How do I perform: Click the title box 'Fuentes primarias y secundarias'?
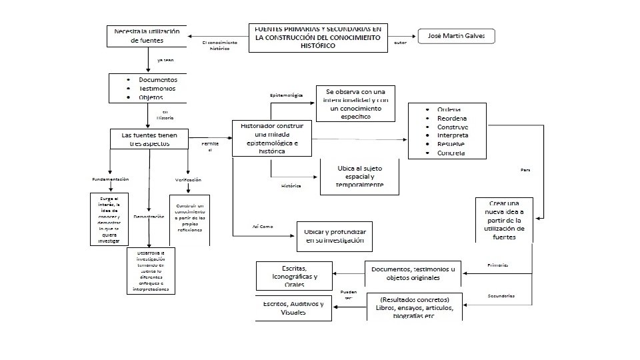[x=318, y=38]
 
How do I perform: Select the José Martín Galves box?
[x=456, y=36]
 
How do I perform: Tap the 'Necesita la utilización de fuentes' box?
[x=147, y=36]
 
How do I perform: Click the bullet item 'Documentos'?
[x=157, y=79]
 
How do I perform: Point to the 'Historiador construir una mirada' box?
[x=271, y=138]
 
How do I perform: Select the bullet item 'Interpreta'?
[x=453, y=135]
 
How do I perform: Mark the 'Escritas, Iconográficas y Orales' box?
[x=295, y=275]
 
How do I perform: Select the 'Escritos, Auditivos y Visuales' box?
[x=293, y=308]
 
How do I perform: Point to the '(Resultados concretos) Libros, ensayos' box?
[x=414, y=307]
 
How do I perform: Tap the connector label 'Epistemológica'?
[x=286, y=95]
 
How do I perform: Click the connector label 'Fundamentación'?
[x=110, y=179]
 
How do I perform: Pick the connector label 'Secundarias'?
[x=501, y=295]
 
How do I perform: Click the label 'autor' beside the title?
[x=400, y=43]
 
